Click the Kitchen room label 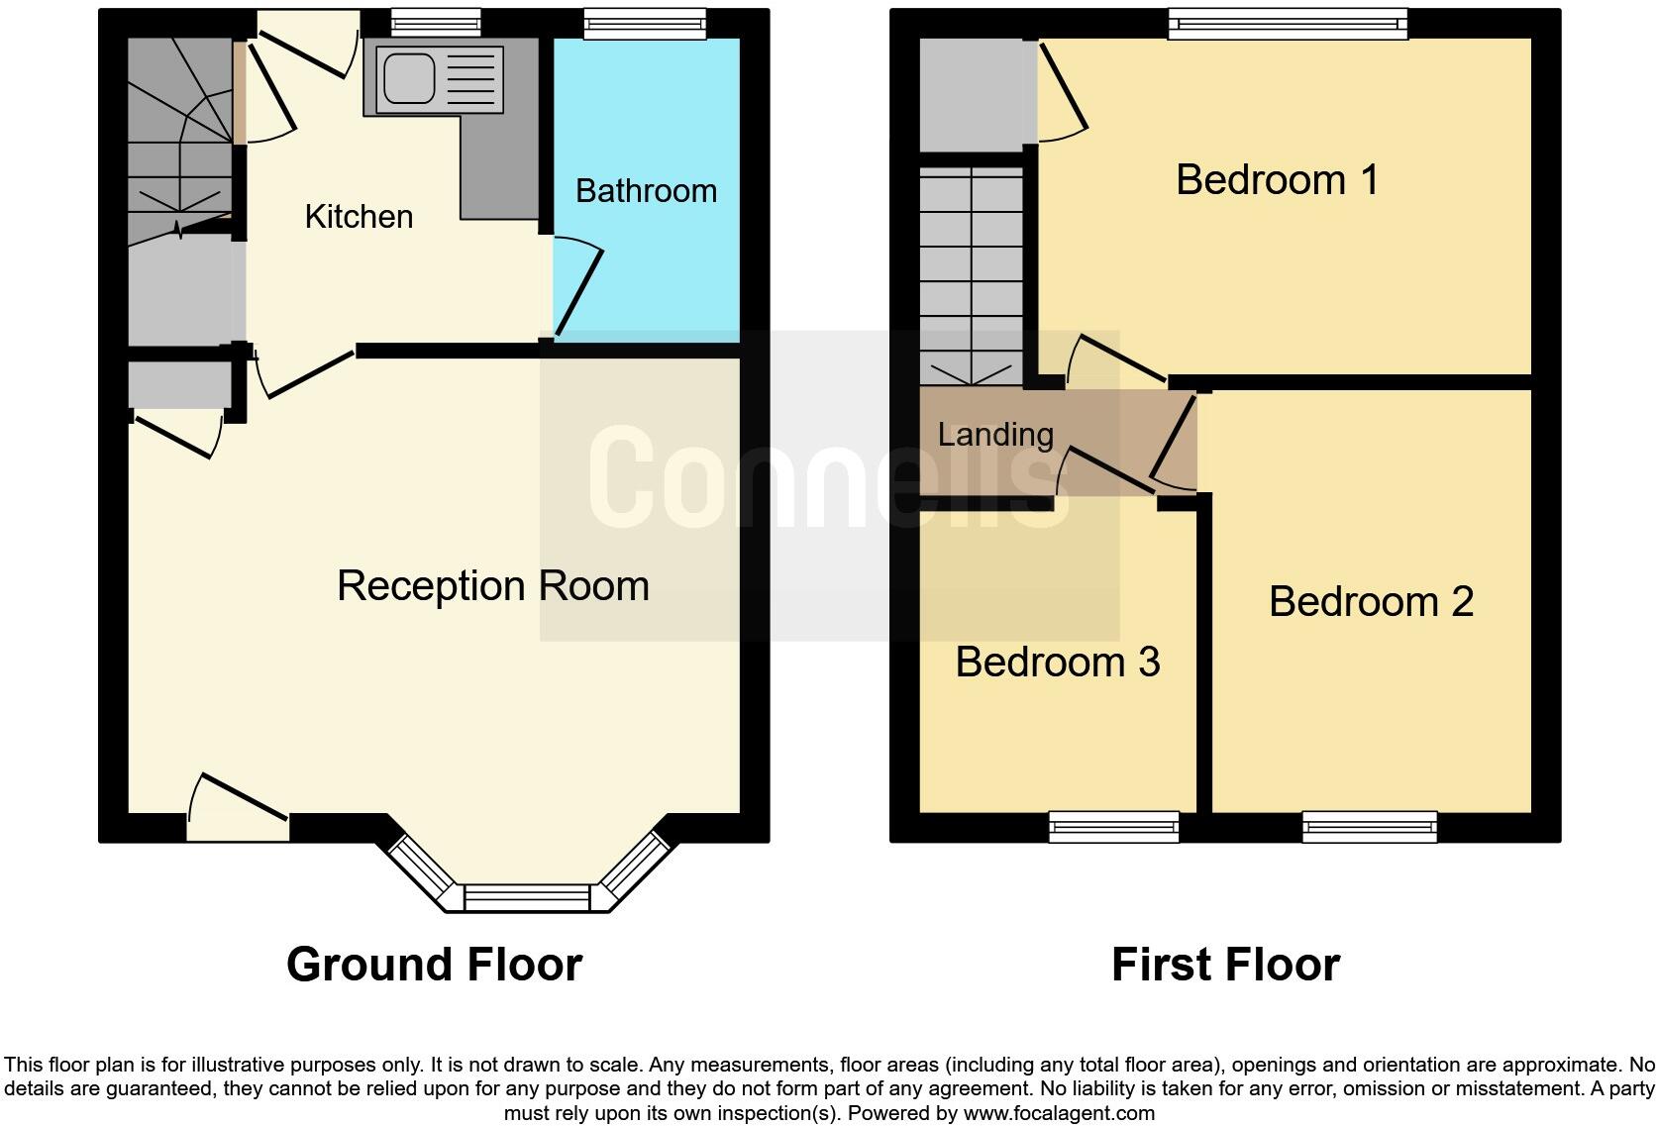[359, 217]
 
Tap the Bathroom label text [646, 191]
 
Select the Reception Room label [492, 585]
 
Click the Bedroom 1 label [1277, 179]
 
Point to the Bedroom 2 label [1371, 602]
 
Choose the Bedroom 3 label [1057, 663]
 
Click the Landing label [994, 435]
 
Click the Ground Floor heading [434, 964]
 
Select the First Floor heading [1225, 964]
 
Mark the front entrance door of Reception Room [238, 807]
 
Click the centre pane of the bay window [526, 898]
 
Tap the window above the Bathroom [645, 24]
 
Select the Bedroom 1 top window [1287, 24]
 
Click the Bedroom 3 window [1114, 826]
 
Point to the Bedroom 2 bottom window [1370, 826]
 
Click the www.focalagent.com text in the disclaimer [1058, 1113]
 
